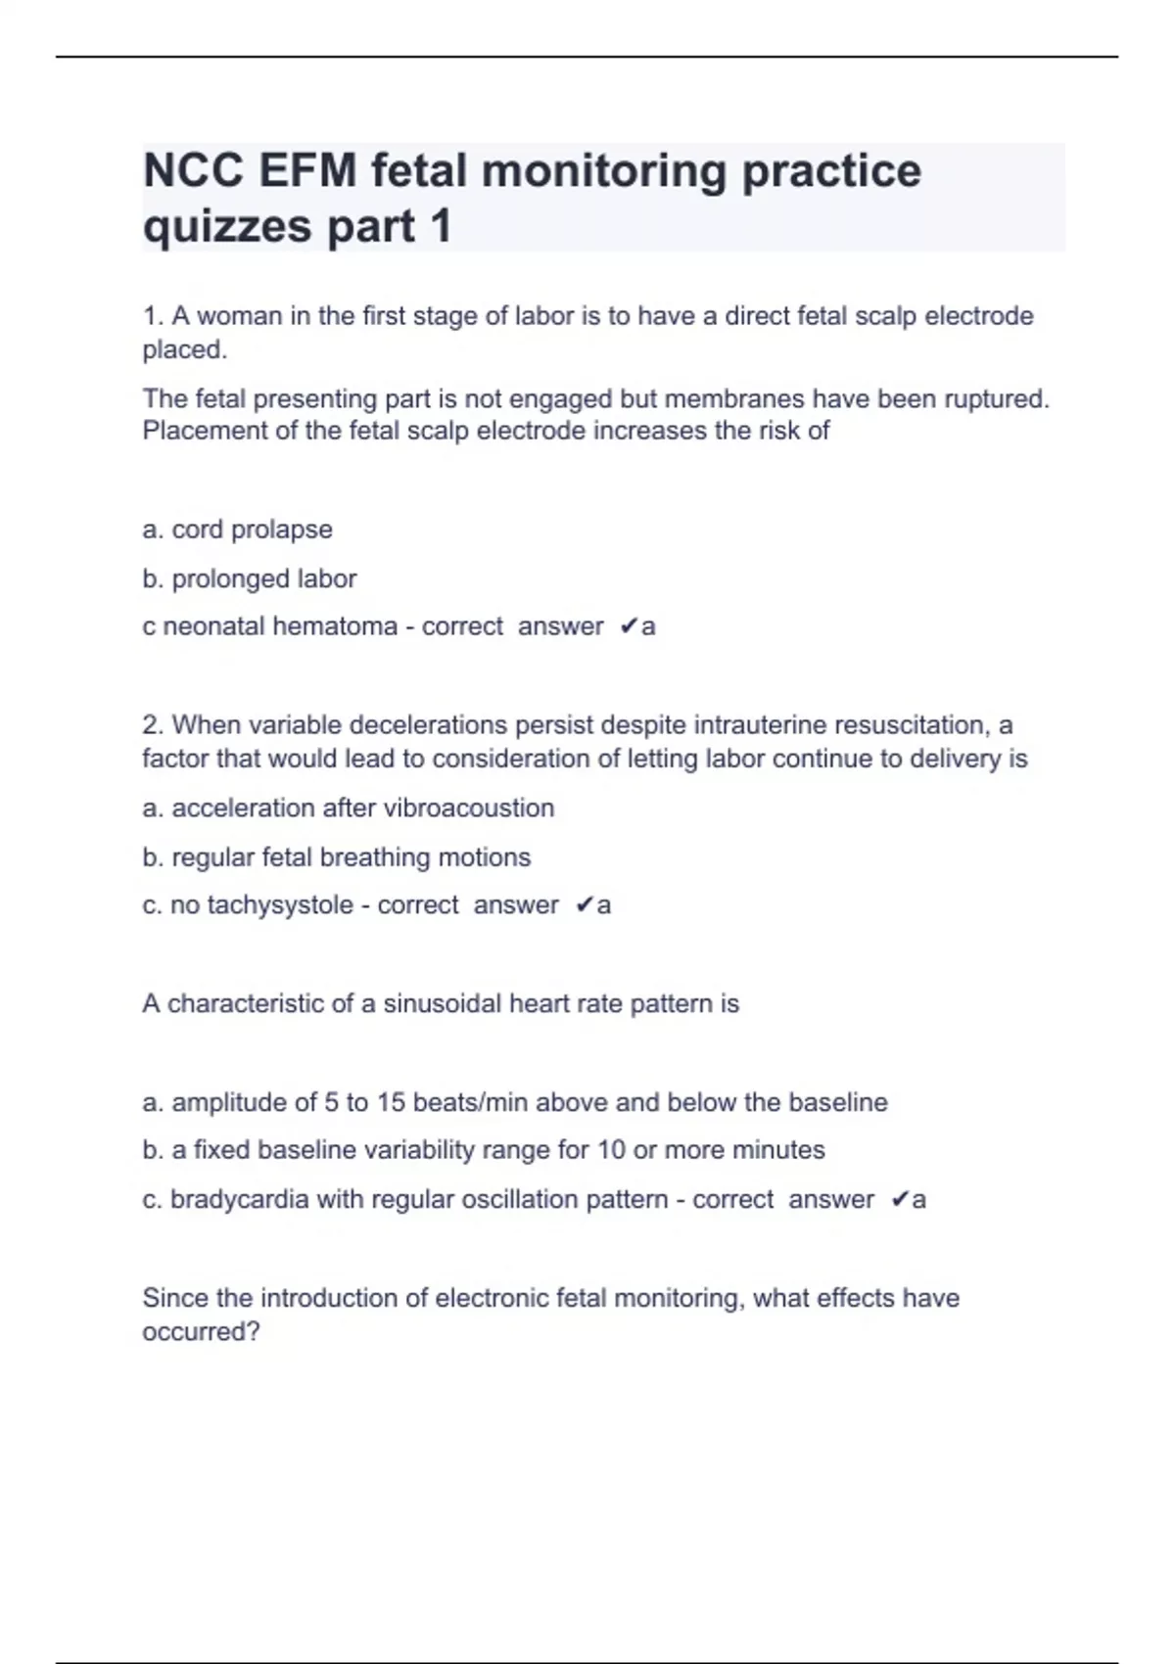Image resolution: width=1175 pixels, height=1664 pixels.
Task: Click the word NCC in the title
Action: (x=193, y=171)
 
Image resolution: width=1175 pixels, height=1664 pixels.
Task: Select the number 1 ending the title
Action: (x=440, y=227)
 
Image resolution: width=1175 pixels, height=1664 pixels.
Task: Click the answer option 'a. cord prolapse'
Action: (x=237, y=530)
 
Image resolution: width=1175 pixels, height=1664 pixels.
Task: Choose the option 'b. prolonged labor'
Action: (x=249, y=578)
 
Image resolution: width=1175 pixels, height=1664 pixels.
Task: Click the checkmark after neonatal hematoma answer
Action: (x=629, y=626)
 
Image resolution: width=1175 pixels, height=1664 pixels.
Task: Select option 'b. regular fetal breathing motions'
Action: (x=336, y=857)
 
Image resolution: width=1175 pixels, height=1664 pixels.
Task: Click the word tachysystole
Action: (x=279, y=905)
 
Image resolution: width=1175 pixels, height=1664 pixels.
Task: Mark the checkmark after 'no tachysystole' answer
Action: (x=584, y=905)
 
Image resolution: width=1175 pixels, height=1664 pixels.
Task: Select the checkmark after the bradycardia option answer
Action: (x=900, y=1200)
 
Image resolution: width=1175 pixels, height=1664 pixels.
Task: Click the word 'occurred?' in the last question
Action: (x=201, y=1332)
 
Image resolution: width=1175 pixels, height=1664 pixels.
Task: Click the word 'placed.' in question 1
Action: (x=184, y=350)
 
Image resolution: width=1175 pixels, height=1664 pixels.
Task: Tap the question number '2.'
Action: (x=153, y=725)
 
